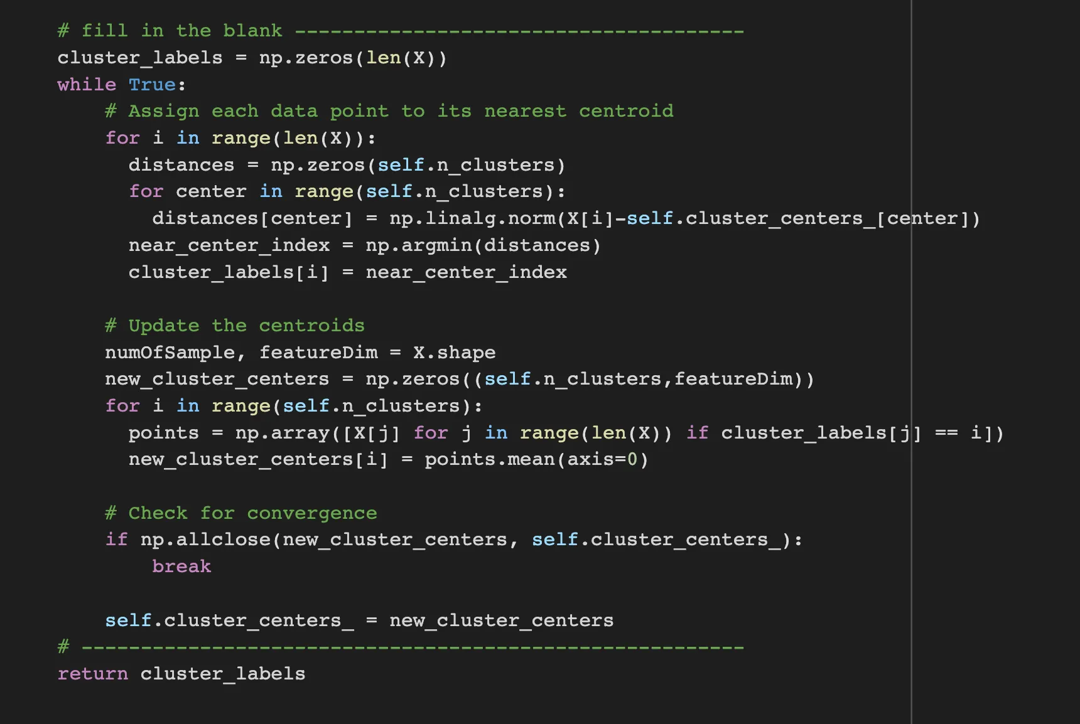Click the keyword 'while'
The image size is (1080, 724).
pos(87,85)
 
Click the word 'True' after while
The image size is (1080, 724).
pos(152,85)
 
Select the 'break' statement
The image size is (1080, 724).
pos(181,567)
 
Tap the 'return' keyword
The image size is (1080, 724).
pos(92,674)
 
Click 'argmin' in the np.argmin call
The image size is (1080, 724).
pos(436,245)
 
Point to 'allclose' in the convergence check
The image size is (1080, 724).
pos(223,540)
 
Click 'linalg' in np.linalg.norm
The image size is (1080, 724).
pos(460,218)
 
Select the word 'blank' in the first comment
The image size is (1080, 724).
pos(252,31)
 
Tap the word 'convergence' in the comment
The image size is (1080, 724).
pos(312,513)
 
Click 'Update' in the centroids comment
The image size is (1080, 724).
pos(163,326)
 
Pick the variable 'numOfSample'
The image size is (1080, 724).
pos(170,353)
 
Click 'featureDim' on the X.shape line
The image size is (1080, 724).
pos(318,353)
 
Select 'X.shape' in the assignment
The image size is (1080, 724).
pos(454,353)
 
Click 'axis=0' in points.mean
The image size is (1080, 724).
pos(603,460)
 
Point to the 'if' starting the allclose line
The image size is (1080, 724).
pos(116,540)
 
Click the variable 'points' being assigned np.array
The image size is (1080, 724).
pos(163,433)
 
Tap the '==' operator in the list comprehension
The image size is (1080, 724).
pos(946,433)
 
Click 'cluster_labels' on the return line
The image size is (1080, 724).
pos(223,674)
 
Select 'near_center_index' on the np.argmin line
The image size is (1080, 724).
pos(229,245)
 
